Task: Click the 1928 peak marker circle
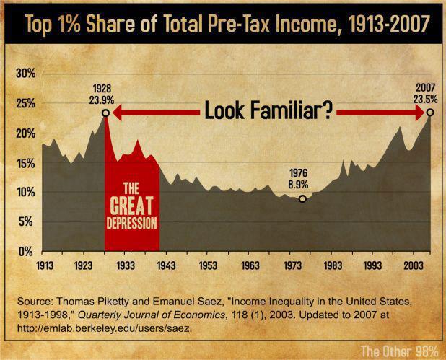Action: pos(105,113)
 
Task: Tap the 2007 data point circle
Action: pos(430,113)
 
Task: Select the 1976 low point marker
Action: pos(302,198)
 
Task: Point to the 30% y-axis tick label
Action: pos(25,74)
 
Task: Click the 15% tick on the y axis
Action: pos(25,163)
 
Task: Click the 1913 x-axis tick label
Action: pos(43,264)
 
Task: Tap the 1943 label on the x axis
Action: pos(166,264)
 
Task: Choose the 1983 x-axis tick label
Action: pos(332,264)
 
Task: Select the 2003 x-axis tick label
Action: pos(414,264)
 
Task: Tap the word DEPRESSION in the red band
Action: pos(131,222)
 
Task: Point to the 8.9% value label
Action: pos(302,185)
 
